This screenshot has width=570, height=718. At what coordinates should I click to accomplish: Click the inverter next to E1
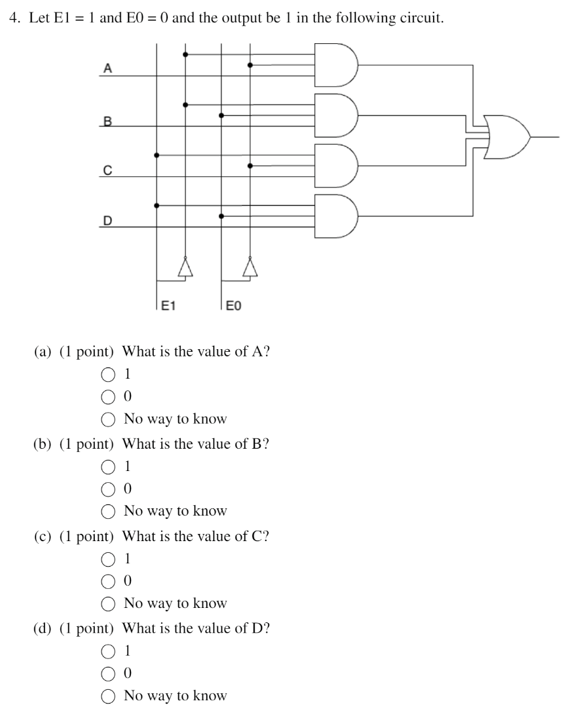coord(185,267)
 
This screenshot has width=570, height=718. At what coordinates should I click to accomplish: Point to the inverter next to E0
coord(249,267)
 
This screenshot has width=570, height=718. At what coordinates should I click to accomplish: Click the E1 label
coord(169,305)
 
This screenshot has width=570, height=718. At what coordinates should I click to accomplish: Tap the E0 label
coord(233,305)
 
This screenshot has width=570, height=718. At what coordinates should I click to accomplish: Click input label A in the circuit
coord(107,69)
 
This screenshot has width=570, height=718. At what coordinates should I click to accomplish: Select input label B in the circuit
coord(107,121)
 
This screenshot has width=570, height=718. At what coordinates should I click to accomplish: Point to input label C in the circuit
coord(107,170)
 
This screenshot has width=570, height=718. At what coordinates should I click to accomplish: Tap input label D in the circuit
coord(107,221)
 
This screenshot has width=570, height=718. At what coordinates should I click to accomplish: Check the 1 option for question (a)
coord(108,376)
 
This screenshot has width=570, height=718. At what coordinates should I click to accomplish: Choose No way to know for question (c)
coord(108,603)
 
